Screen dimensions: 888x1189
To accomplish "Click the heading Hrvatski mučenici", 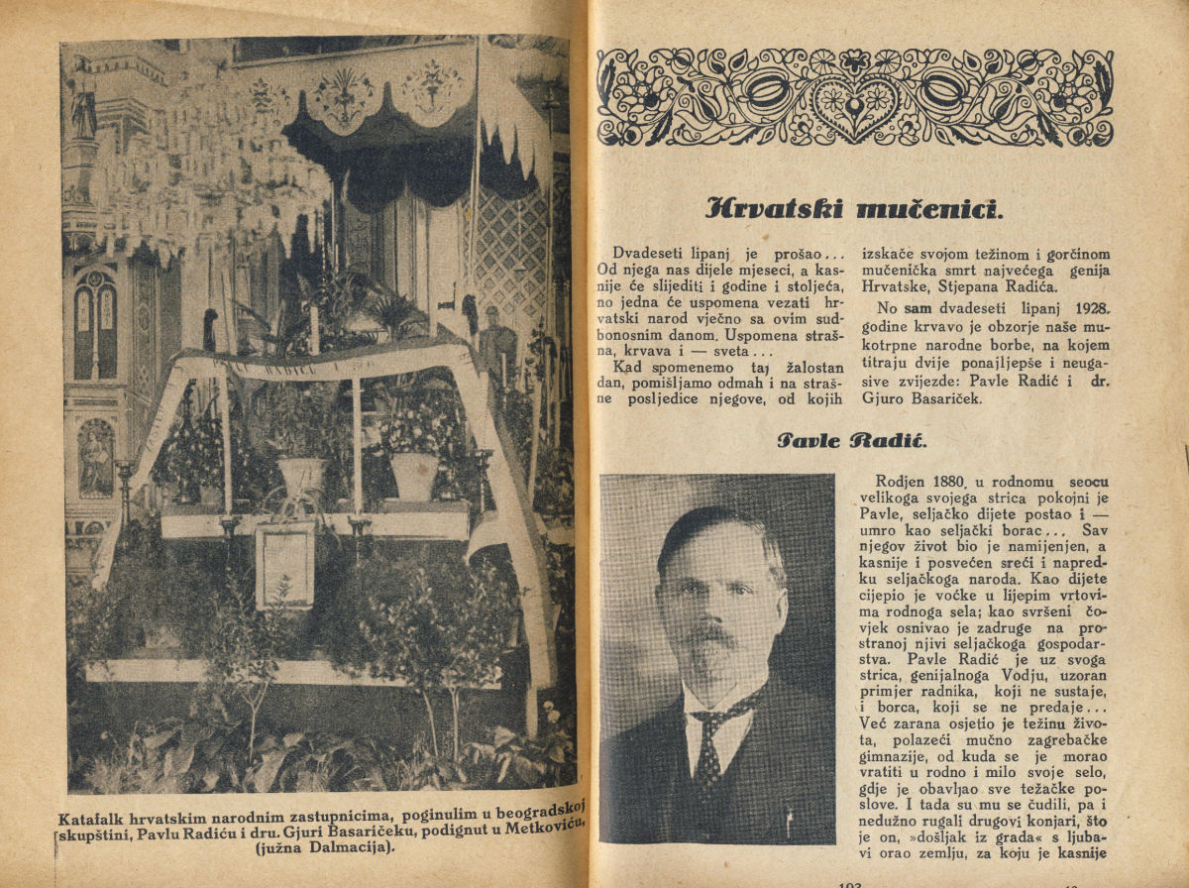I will pos(853,209).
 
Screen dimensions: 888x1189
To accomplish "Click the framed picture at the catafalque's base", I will pos(284,566).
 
